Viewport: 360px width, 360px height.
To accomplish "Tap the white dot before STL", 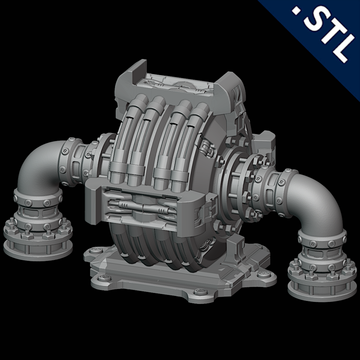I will (295, 12).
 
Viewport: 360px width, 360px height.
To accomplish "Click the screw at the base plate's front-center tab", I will (200, 292).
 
